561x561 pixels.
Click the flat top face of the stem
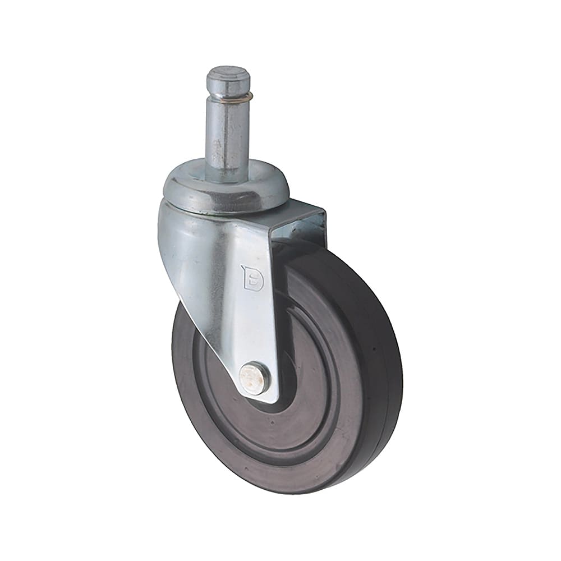[227, 73]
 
